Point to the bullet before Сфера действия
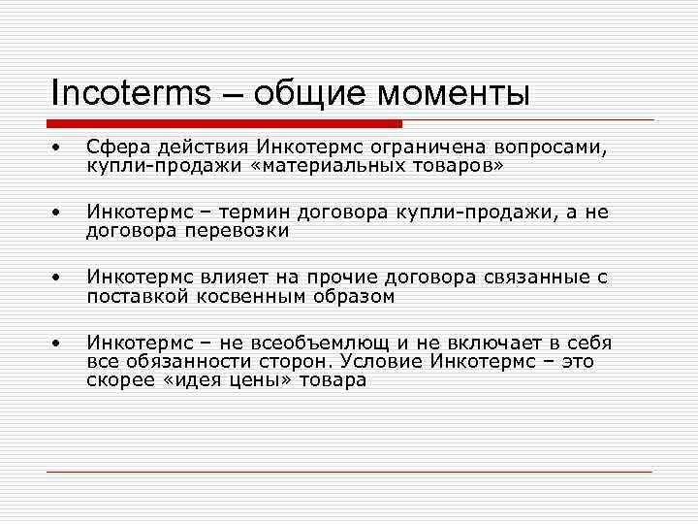(57, 147)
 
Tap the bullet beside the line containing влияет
(57, 278)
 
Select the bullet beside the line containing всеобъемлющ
(57, 343)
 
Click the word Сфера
(115, 147)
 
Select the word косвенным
(239, 296)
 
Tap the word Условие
(368, 361)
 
